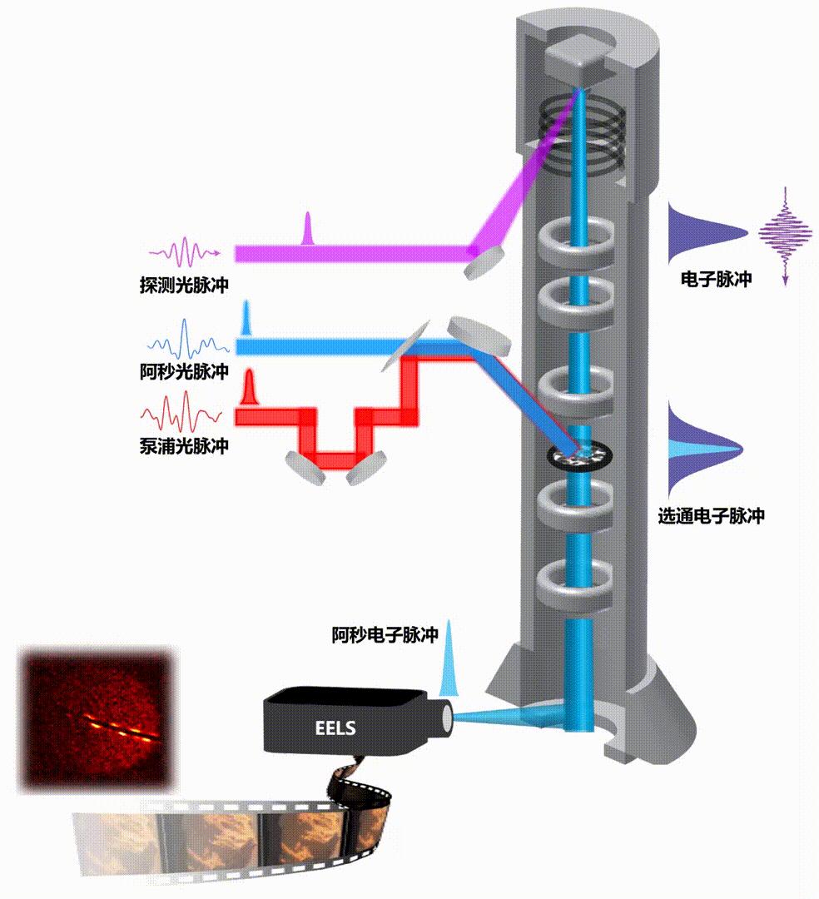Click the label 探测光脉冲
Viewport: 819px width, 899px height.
[x=184, y=286]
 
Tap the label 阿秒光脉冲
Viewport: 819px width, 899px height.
[x=184, y=372]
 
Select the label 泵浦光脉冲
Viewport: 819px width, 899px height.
[x=184, y=446]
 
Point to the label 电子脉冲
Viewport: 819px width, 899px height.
[x=716, y=280]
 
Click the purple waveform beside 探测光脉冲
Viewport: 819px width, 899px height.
[x=184, y=250]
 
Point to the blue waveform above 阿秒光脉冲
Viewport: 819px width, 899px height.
[x=184, y=342]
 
